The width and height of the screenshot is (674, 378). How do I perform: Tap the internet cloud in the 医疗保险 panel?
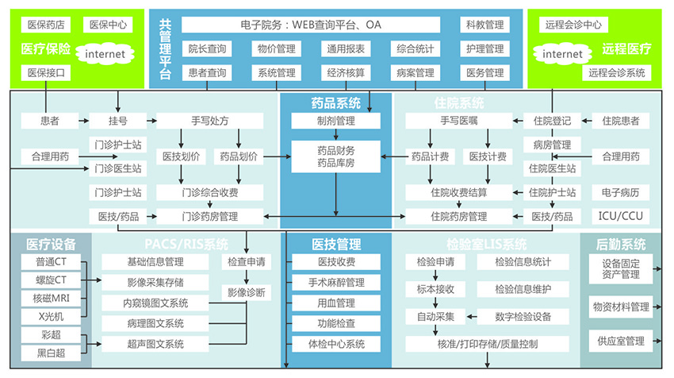105,54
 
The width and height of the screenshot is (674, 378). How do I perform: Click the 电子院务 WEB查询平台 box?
310,25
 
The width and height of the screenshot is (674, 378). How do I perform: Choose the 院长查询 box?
207,49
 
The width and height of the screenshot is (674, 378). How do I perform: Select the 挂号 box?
118,121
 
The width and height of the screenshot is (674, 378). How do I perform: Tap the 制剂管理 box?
335,121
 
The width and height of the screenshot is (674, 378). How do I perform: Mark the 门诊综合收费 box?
209,192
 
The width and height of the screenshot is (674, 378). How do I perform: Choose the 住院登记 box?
552,121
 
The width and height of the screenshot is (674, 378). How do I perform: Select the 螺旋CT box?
50,280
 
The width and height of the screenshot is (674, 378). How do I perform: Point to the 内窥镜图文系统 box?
155,303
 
